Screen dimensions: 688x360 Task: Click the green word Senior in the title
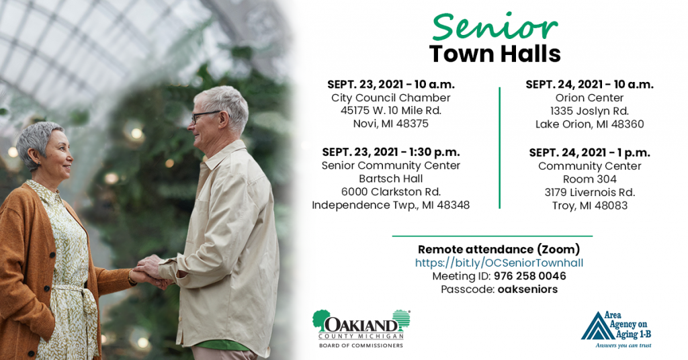(x=494, y=27)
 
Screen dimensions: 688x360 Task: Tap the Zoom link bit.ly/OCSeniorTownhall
(x=499, y=263)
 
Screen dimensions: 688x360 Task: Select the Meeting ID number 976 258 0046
(x=529, y=276)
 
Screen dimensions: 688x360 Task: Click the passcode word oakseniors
(x=528, y=289)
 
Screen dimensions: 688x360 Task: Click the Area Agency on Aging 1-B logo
(x=617, y=330)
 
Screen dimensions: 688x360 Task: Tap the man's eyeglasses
(x=206, y=116)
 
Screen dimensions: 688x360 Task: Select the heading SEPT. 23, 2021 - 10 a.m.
(x=391, y=84)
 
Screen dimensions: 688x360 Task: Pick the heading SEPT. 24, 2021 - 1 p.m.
(x=590, y=152)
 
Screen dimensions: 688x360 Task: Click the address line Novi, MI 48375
(x=390, y=124)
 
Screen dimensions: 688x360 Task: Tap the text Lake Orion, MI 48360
(x=589, y=124)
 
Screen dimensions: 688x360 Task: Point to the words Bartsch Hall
(x=390, y=179)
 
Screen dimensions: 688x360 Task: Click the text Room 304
(x=590, y=179)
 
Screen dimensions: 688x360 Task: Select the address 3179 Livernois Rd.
(x=590, y=192)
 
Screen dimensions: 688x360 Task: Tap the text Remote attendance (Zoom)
(x=499, y=249)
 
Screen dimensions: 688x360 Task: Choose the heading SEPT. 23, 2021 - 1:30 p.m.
(x=391, y=152)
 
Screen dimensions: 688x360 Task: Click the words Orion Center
(x=589, y=98)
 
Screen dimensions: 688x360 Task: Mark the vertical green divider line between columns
(x=499, y=148)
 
